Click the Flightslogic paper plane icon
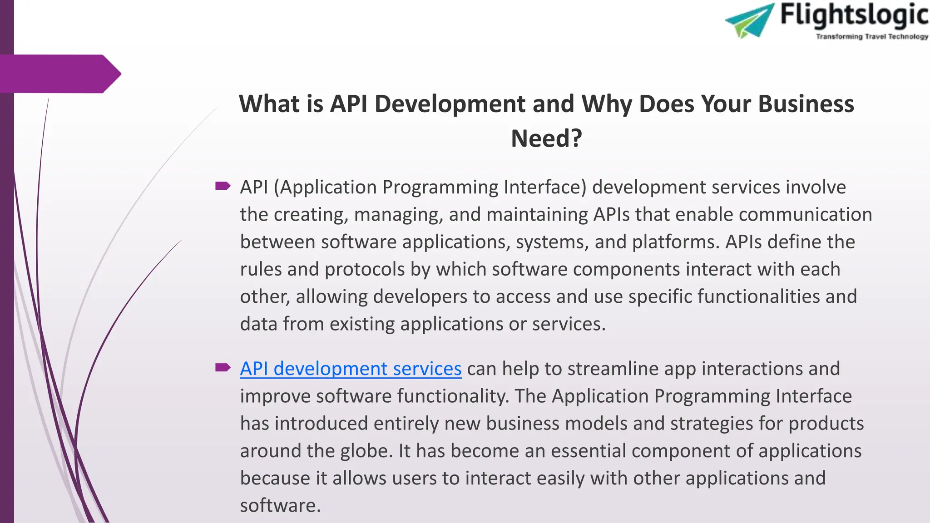coord(750,20)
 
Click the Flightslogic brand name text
coord(854,15)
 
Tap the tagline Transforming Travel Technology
coord(872,37)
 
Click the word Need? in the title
coord(546,138)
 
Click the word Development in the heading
coord(450,104)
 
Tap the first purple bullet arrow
coord(223,186)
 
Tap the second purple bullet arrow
coord(223,367)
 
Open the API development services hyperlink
coord(351,369)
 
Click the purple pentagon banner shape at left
coord(59,74)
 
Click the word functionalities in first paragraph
coord(758,296)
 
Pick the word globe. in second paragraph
coord(366,451)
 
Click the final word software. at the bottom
coord(280,505)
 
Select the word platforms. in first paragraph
coord(676,242)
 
